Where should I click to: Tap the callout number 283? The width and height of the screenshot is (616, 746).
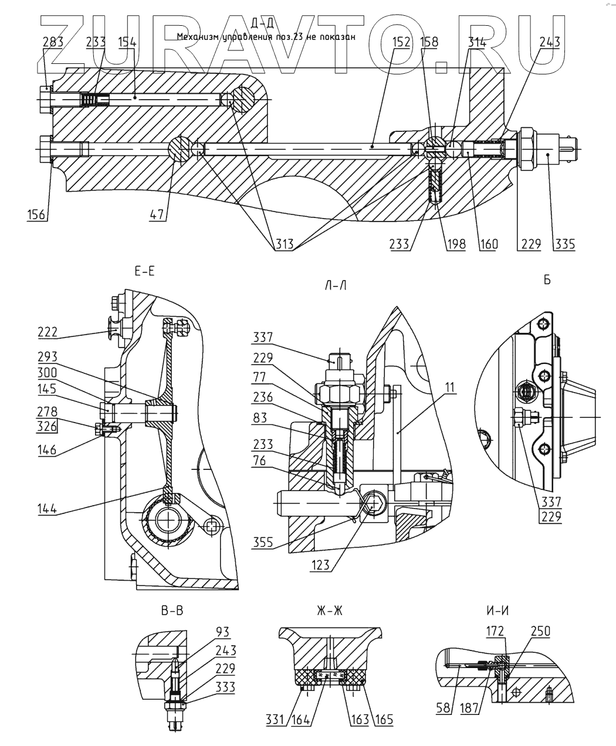pyautogui.click(x=52, y=42)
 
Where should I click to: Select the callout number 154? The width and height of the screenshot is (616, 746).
pyautogui.click(x=127, y=42)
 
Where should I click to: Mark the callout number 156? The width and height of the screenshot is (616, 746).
pyautogui.click(x=37, y=214)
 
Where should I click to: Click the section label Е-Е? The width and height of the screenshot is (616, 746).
pyautogui.click(x=144, y=272)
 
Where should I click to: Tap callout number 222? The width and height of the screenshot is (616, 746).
pyautogui.click(x=48, y=332)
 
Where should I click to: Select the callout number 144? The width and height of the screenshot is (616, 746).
pyautogui.click(x=45, y=508)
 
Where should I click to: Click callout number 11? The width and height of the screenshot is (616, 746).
pyautogui.click(x=450, y=387)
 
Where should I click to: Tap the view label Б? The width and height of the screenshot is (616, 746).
pyautogui.click(x=547, y=280)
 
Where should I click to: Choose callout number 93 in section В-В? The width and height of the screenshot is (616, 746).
pyautogui.click(x=222, y=632)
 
